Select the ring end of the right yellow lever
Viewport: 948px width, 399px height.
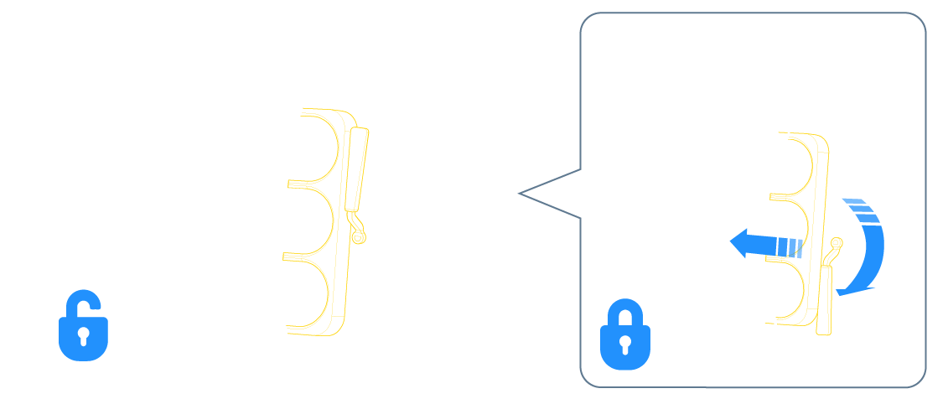coord(834,244)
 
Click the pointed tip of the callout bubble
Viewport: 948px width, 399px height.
coord(521,194)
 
